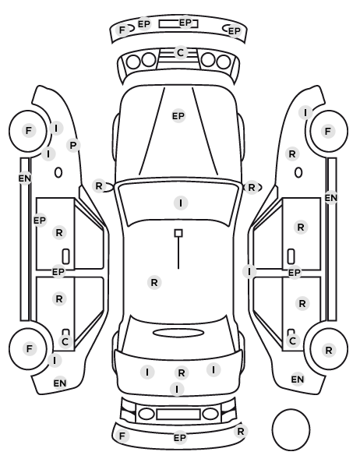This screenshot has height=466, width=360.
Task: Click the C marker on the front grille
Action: click(x=181, y=53)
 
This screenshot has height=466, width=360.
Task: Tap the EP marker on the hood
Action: click(x=178, y=116)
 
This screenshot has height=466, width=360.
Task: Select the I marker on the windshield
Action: click(x=181, y=203)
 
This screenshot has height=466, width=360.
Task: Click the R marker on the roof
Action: click(x=154, y=282)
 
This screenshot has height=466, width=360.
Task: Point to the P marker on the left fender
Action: click(x=73, y=145)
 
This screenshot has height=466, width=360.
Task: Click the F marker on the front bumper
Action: click(x=122, y=30)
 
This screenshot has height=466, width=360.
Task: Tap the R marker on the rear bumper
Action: click(x=241, y=431)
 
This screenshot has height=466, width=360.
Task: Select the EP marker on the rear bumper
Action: click(x=179, y=437)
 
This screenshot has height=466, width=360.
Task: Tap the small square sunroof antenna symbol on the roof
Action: click(x=178, y=233)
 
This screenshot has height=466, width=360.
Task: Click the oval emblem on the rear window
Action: click(x=178, y=333)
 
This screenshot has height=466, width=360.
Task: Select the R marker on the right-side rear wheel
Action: click(x=329, y=351)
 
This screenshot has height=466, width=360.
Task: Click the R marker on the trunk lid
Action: click(x=182, y=372)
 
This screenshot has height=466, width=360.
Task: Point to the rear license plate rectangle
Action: click(x=178, y=414)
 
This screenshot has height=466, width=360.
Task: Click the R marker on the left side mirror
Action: click(x=99, y=186)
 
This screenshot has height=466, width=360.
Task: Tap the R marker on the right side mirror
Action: click(x=252, y=188)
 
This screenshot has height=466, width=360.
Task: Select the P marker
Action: click(x=73, y=145)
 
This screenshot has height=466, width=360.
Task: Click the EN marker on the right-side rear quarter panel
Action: click(x=298, y=380)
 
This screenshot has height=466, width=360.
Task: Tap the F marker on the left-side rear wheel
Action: click(x=29, y=348)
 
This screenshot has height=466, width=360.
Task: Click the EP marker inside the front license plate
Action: click(x=185, y=23)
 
